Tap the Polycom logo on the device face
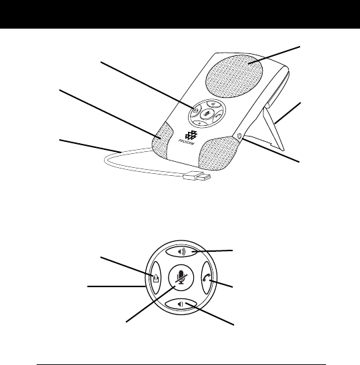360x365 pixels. coord(190,137)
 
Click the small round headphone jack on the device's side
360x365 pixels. coord(238,135)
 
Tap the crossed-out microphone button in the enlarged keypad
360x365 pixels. coord(181,278)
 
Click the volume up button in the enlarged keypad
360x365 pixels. coord(181,252)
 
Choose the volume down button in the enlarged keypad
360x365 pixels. coord(181,304)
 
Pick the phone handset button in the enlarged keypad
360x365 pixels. coord(207,278)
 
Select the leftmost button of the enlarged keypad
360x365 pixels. coord(156,278)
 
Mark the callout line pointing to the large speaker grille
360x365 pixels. coord(274,55)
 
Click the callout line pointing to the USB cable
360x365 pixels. coord(91,146)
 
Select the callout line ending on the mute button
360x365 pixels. coord(151,304)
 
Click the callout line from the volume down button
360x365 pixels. coord(209,314)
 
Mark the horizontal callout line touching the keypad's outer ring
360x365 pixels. coord(116,286)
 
